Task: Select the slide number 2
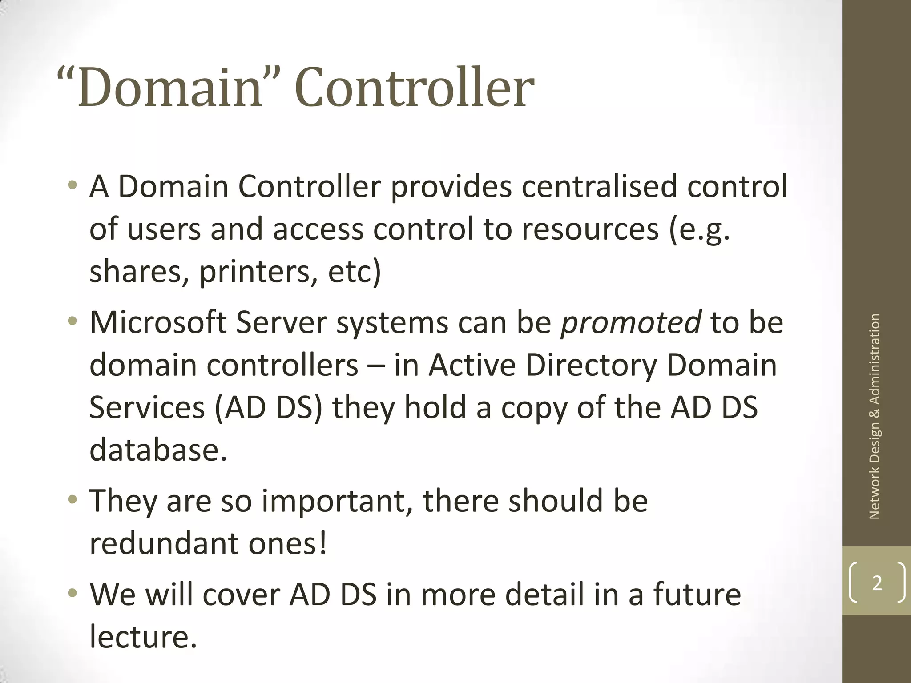877,583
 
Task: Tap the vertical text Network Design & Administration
875,416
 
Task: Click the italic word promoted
631,322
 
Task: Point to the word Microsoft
158,322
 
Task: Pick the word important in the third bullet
337,501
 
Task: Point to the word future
697,595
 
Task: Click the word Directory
591,366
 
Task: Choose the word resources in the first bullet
589,229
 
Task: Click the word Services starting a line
147,408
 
